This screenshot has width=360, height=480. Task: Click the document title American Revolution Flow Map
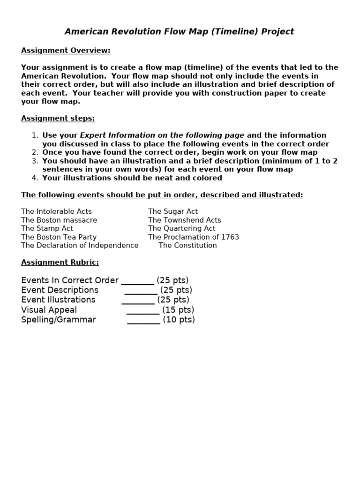coord(179,32)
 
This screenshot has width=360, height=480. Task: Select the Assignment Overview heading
coord(66,51)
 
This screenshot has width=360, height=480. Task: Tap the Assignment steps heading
coord(58,119)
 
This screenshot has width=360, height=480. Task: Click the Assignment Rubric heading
coord(60,262)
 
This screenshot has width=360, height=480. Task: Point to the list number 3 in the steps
coord(35,161)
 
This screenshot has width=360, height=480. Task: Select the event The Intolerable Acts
coord(56,212)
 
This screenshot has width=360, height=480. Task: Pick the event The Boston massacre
coord(59,220)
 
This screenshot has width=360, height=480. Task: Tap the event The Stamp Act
coord(47,229)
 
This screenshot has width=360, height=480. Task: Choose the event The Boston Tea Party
coord(59,237)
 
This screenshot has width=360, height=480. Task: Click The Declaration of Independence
coord(80,246)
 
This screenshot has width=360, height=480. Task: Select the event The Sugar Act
coord(173,212)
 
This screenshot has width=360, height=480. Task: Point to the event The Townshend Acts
coord(184,220)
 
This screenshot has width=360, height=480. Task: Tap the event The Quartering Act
coord(182,229)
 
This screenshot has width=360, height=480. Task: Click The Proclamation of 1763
coord(194,237)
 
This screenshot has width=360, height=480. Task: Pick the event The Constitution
coord(187,246)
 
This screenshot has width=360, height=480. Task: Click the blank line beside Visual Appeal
coord(143,313)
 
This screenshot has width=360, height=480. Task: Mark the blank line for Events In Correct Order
coord(137,284)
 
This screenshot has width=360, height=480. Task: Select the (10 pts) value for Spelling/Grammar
coord(179,320)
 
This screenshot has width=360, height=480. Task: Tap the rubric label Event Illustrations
coord(58,300)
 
